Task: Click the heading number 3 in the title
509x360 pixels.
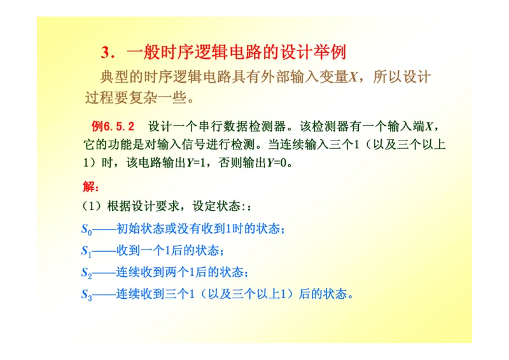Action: click(x=106, y=52)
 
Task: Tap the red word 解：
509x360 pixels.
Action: click(x=91, y=187)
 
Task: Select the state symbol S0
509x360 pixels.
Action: click(x=87, y=230)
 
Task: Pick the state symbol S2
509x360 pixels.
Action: click(x=87, y=273)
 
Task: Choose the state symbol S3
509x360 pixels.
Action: click(x=87, y=294)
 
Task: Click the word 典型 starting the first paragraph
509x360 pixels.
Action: click(x=115, y=78)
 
